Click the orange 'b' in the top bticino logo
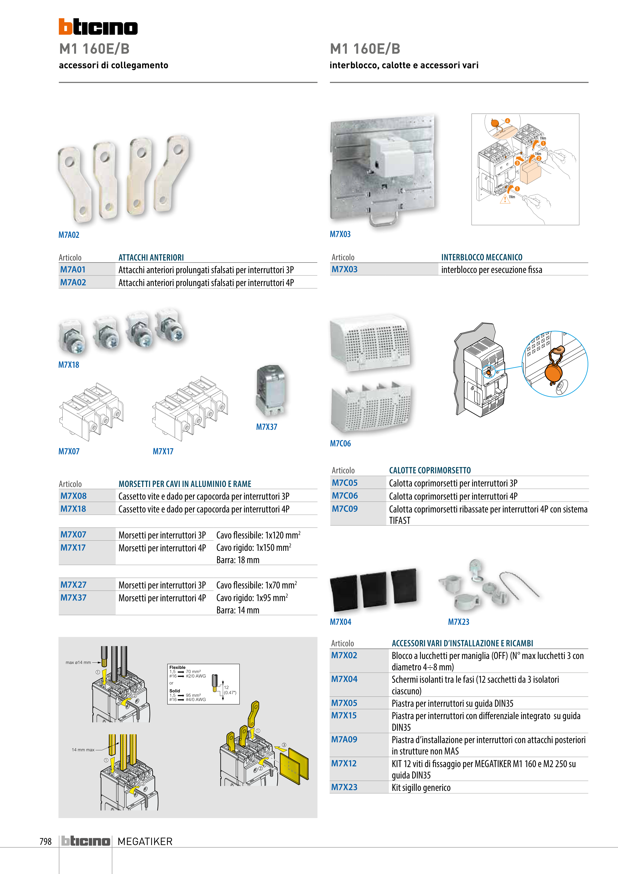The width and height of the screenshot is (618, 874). click(x=66, y=27)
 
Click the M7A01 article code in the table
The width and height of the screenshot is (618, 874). click(x=73, y=269)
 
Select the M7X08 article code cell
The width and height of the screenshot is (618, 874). click(x=74, y=496)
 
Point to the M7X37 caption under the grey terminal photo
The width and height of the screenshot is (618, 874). click(x=267, y=427)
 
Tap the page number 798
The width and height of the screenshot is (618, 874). click(x=45, y=841)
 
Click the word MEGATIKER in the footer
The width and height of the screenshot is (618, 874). click(x=145, y=841)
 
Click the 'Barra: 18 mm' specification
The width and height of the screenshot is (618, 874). click(x=238, y=560)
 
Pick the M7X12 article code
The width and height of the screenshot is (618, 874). click(x=344, y=763)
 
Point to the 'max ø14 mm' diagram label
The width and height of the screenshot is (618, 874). click(x=78, y=662)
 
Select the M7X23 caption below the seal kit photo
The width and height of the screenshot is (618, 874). click(x=458, y=622)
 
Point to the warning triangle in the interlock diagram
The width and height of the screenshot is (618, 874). click(x=505, y=199)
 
